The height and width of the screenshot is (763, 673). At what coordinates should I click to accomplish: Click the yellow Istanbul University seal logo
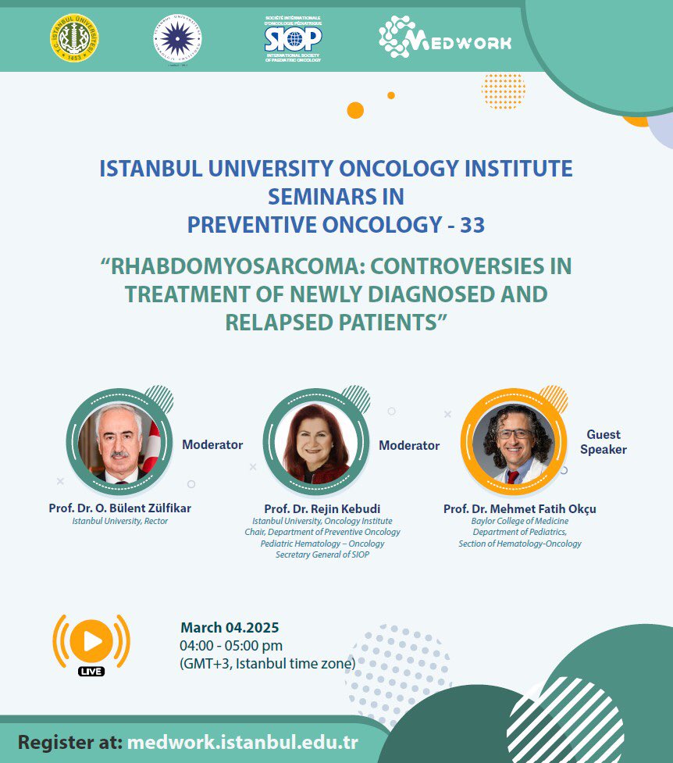point(72,37)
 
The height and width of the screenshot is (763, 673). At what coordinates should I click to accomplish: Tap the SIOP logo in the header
point(293,37)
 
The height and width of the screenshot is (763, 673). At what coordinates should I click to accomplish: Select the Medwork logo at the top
point(445,36)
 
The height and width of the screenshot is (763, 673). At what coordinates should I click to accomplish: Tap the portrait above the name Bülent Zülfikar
point(119,442)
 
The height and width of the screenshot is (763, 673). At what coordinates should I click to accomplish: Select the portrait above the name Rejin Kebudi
point(316,442)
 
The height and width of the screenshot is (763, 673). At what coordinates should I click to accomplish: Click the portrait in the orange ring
point(513,442)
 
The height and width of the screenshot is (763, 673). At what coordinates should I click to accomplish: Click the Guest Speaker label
point(604,442)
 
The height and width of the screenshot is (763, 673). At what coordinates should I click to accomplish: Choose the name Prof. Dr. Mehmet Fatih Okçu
point(519,508)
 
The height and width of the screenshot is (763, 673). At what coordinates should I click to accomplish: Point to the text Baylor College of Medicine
point(520,521)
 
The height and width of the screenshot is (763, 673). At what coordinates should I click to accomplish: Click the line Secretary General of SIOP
point(322,554)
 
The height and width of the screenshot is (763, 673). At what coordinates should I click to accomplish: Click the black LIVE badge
point(91,671)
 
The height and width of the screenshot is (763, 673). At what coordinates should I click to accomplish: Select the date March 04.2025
point(230,627)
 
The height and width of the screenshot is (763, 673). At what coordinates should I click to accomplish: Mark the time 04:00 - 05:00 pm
point(232,645)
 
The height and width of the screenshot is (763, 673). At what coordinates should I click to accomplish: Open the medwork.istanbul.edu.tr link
point(247,741)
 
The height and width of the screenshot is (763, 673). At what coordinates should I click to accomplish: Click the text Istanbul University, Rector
point(119,521)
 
